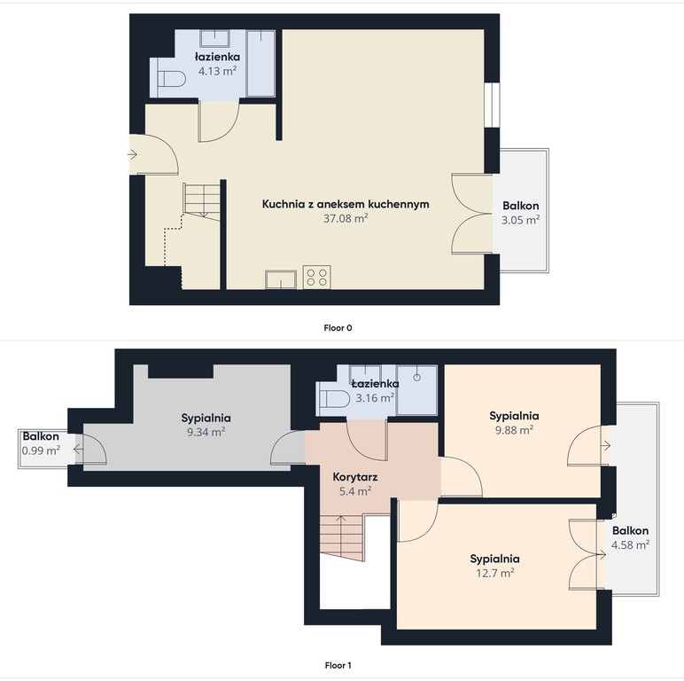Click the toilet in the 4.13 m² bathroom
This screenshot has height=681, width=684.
171,79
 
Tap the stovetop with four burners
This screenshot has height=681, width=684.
316,277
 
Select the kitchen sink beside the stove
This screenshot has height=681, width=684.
281,279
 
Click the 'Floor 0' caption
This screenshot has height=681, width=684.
338,328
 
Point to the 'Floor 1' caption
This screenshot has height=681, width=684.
338,665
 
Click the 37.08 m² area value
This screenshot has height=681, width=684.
346,218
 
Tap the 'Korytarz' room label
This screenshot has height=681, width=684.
355,477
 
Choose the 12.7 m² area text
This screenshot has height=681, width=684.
494,573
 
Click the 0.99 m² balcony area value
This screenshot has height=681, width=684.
41,450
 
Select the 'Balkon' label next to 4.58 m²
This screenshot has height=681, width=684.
630,530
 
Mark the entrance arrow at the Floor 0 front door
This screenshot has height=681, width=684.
132,154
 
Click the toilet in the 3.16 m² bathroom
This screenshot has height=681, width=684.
335,398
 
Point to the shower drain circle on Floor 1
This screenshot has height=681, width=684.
417,377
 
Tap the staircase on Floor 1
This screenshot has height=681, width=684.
342,538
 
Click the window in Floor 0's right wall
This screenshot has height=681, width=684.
492,105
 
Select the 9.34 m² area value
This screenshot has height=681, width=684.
206,432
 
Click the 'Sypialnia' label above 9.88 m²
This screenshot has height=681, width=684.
514,416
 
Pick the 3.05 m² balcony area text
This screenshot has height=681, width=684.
520,220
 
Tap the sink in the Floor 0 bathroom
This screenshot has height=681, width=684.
214,38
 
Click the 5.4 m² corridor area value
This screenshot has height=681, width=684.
355,491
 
